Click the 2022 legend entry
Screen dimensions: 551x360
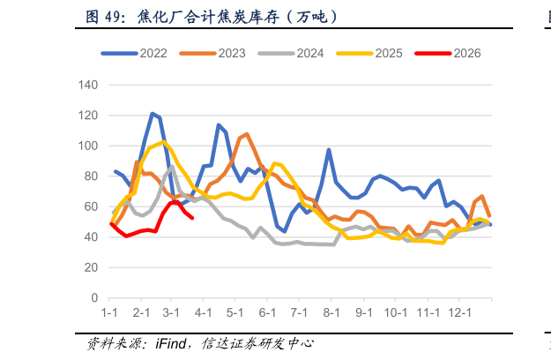134,54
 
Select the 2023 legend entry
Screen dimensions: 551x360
212,54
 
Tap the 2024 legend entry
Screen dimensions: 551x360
291,54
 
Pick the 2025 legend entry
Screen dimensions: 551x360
369,54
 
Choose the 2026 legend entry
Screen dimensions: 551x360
447,54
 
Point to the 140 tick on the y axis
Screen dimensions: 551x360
88,85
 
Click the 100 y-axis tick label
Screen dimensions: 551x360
88,146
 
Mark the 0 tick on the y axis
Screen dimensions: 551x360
94,298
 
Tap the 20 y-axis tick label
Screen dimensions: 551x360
91,267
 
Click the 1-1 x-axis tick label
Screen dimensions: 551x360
109,312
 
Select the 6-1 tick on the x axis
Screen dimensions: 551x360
267,312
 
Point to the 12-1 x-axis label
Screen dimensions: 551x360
459,312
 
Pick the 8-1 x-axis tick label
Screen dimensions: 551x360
331,312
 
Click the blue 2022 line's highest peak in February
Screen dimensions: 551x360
153,114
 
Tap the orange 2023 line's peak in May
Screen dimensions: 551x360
247,134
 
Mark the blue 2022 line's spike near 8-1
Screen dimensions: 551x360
329,150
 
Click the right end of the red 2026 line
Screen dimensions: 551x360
192,218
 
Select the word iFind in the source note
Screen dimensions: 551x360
171,343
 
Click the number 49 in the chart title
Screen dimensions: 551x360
111,17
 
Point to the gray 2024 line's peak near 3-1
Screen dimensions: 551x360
172,167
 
